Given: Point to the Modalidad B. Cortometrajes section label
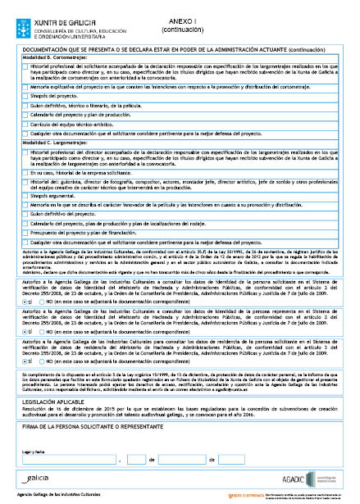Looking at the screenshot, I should pos(56,59).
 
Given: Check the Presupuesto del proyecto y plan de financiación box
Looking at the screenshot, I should pos(25,233).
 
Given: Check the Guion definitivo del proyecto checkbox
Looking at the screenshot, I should pos(25,215).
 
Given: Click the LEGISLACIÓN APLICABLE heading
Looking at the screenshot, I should pos(52,380).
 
